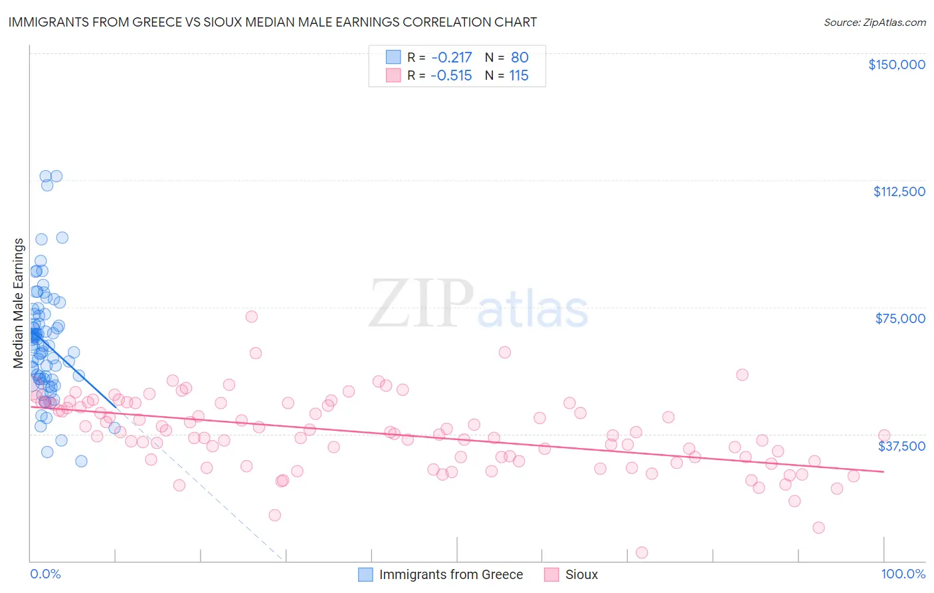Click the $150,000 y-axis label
(896, 64)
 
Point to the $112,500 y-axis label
(899, 191)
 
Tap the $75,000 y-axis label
(900, 318)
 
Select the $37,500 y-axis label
(901, 446)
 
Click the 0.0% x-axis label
(45, 574)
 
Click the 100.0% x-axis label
(903, 574)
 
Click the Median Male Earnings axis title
(19, 302)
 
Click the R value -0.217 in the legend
(451, 58)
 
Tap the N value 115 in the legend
(519, 76)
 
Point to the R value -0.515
(451, 76)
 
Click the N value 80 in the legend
(519, 58)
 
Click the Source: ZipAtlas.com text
(874, 23)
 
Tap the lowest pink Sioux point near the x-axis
(642, 552)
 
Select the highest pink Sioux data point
(251, 316)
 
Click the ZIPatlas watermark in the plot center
(478, 304)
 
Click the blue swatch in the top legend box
(393, 58)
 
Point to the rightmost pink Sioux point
(884, 435)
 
